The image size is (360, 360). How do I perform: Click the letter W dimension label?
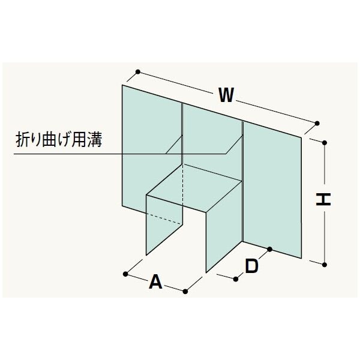(226, 94)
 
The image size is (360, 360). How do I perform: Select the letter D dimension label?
(251, 265)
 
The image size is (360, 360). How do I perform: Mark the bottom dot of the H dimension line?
(325, 263)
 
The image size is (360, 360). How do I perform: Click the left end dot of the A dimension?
(125, 274)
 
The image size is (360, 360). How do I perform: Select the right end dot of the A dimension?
(185, 292)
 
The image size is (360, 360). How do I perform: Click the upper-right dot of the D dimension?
(270, 248)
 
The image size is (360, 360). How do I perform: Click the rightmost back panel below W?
(271, 186)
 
